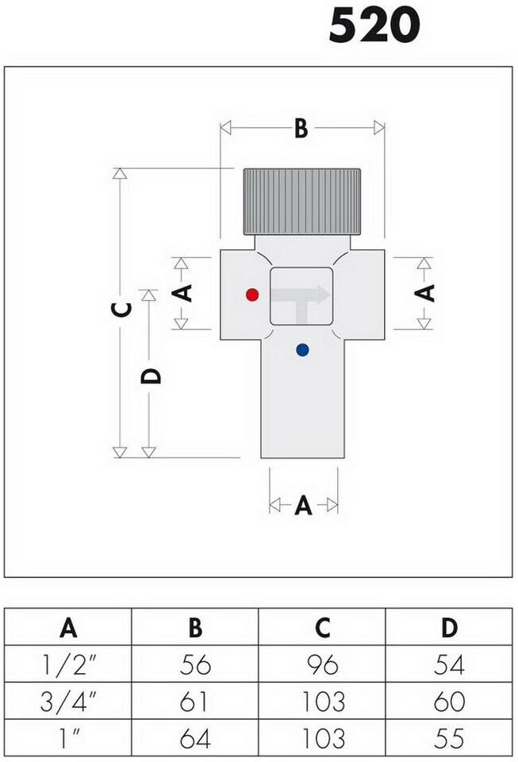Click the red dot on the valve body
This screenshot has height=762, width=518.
tap(252, 294)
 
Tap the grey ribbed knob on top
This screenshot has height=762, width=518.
tap(301, 202)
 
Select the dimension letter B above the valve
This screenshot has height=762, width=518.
tap(301, 129)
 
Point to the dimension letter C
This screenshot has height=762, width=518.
tap(120, 310)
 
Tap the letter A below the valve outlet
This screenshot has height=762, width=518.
tap(303, 505)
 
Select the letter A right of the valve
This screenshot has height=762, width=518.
tap(425, 292)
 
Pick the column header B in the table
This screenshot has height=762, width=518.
tap(195, 628)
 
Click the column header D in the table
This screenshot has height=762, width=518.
tap(449, 628)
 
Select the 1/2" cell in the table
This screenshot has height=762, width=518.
tap(68, 664)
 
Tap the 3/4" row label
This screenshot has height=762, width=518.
tap(68, 702)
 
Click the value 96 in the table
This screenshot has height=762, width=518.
tap(322, 664)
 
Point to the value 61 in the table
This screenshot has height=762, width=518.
tap(195, 702)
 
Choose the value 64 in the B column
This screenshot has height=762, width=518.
tap(195, 739)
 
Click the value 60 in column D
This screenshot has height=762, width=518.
tap(449, 702)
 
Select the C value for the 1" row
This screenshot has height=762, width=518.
tap(322, 739)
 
